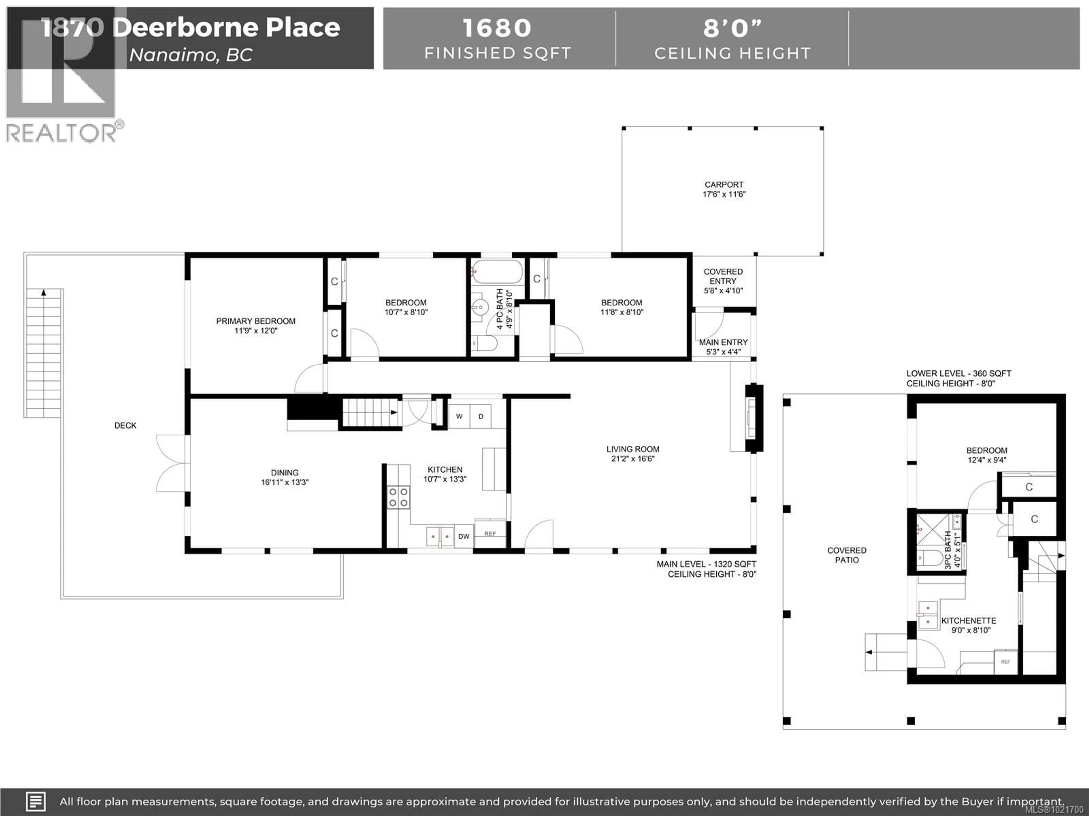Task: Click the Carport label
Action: [x=724, y=184]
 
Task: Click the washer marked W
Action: [x=459, y=416]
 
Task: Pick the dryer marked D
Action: [x=480, y=416]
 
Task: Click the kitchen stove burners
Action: [x=398, y=497]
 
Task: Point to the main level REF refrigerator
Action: [x=490, y=534]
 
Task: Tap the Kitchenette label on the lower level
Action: [x=968, y=621]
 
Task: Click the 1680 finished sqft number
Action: [x=497, y=28]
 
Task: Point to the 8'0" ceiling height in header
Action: [x=732, y=28]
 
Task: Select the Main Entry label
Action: [x=723, y=342]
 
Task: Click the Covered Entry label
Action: [x=723, y=277]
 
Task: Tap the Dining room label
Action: [x=284, y=473]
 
